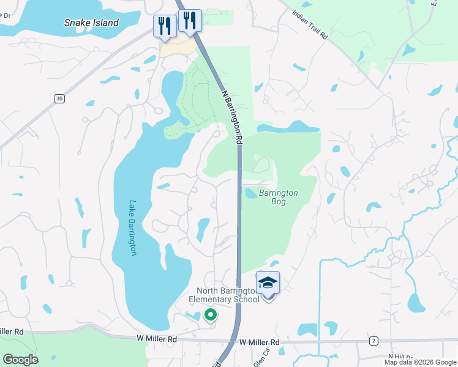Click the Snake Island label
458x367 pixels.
91,23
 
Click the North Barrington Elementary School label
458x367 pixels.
228,295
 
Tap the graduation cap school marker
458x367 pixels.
268,283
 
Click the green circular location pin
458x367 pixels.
210,315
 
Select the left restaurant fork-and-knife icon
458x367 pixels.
164,26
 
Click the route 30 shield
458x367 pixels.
59,98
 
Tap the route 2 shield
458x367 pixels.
373,340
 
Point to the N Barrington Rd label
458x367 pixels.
231,116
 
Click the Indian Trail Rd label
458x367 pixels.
310,24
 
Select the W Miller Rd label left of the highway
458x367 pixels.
156,338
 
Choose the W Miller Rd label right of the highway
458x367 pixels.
259,342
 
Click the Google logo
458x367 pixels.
20,360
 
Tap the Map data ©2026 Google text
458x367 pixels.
419,362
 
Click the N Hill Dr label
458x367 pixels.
400,356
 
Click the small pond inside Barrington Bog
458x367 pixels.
251,193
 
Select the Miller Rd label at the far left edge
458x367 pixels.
12,332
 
